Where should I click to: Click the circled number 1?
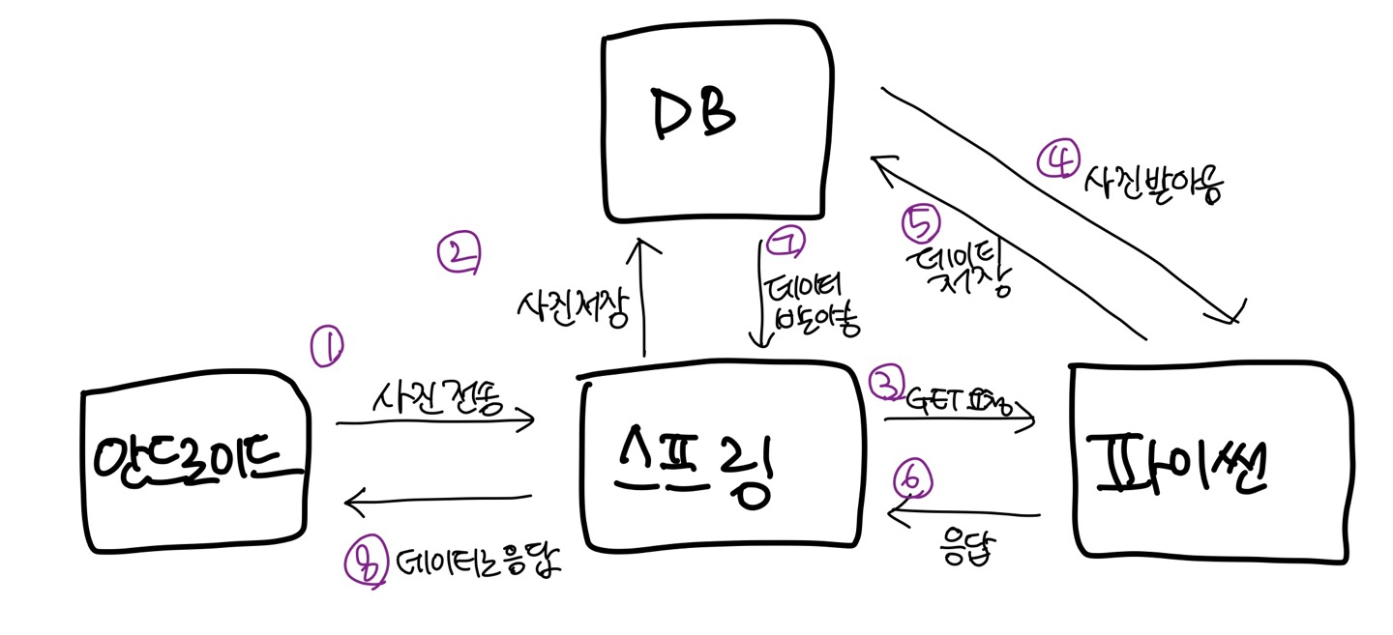pyautogui.click(x=327, y=346)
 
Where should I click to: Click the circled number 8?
pyautogui.click(x=364, y=562)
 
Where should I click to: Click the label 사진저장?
pyautogui.click(x=574, y=308)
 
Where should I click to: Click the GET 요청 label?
pyautogui.click(x=958, y=397)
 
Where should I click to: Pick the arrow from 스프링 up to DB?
pyautogui.click(x=641, y=300)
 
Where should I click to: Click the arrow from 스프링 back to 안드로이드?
pyautogui.click(x=440, y=500)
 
